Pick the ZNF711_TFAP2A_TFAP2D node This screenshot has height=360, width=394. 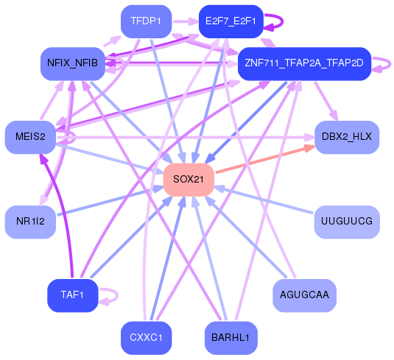pyautogui.click(x=303, y=63)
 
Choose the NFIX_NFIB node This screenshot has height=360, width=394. pyautogui.click(x=72, y=63)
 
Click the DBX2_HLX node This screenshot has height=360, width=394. pyautogui.click(x=347, y=138)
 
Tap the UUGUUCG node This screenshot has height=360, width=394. pyautogui.click(x=347, y=221)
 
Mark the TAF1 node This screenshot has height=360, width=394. pyautogui.click(x=72, y=295)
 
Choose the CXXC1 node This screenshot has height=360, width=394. pyautogui.click(x=146, y=338)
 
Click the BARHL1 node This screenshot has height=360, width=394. pyautogui.click(x=231, y=338)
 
